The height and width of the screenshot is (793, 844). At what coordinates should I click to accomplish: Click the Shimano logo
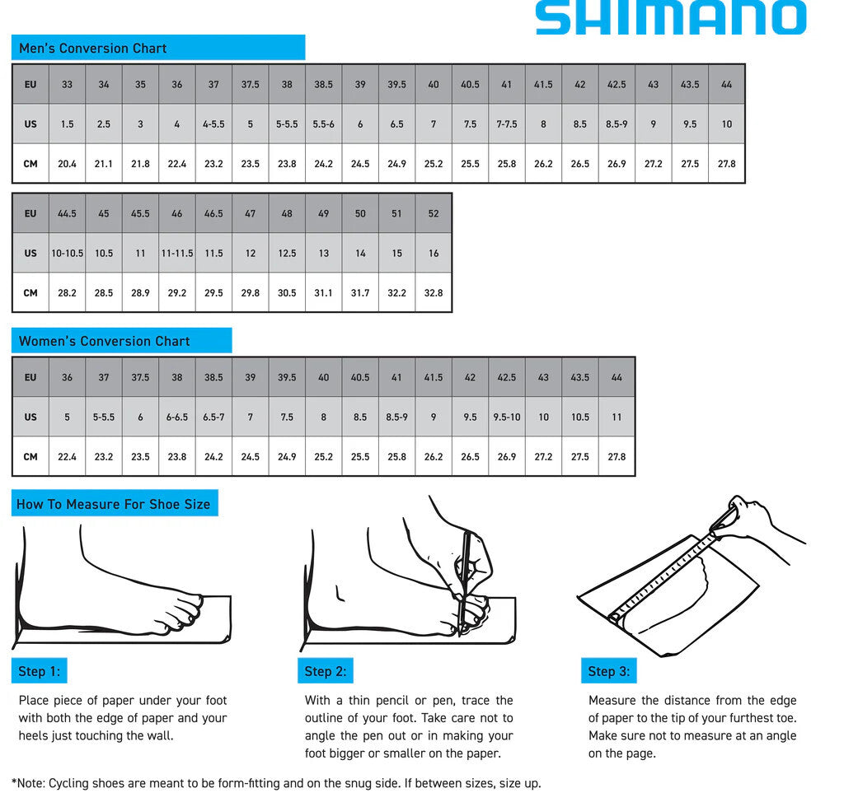pyautogui.click(x=670, y=18)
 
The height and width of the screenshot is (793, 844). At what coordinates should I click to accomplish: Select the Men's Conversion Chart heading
pyautogui.click(x=92, y=48)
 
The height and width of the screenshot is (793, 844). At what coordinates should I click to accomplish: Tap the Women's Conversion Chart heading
pyautogui.click(x=104, y=341)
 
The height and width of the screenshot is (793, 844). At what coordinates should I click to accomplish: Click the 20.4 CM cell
pyautogui.click(x=67, y=164)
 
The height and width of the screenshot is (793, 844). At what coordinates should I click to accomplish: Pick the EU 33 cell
pyautogui.click(x=67, y=84)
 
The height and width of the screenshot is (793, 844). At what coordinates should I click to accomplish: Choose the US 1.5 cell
pyautogui.click(x=67, y=124)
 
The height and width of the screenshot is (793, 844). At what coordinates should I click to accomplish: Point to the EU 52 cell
pyautogui.click(x=434, y=213)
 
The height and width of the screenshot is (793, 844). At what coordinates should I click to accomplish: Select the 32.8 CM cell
pyautogui.click(x=434, y=293)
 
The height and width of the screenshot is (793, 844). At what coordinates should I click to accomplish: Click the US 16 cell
pyautogui.click(x=434, y=254)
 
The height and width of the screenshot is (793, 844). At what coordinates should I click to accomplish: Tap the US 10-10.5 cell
pyautogui.click(x=67, y=254)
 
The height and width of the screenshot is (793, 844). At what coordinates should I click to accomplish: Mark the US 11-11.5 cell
pyautogui.click(x=176, y=254)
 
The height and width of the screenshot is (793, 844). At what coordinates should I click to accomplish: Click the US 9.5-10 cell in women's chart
pyautogui.click(x=506, y=417)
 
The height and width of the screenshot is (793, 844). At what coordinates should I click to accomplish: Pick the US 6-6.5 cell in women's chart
pyautogui.click(x=176, y=417)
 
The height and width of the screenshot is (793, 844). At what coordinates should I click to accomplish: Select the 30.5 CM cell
pyautogui.click(x=287, y=293)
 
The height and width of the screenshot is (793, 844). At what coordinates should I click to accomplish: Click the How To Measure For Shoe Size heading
pyautogui.click(x=114, y=504)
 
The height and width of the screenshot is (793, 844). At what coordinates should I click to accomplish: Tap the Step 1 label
pyautogui.click(x=39, y=672)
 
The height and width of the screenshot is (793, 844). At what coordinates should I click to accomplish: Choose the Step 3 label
pyautogui.click(x=608, y=672)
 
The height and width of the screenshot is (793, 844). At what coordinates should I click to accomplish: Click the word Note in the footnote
pyautogui.click(x=33, y=783)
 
